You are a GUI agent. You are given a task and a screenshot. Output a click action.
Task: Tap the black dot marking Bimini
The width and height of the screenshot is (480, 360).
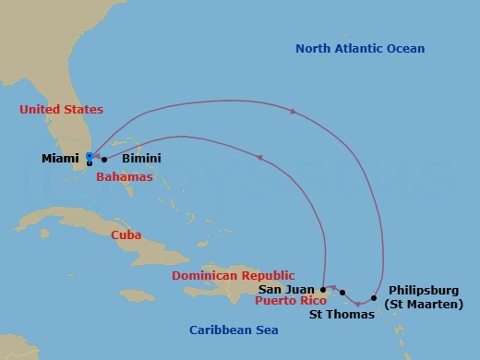[x=104, y=159]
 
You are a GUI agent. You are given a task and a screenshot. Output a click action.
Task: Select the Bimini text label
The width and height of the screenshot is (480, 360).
[x=140, y=159]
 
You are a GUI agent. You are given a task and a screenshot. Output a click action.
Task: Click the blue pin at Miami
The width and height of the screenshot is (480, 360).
[x=89, y=156]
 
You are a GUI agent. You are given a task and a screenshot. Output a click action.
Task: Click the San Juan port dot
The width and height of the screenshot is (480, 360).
[x=322, y=288]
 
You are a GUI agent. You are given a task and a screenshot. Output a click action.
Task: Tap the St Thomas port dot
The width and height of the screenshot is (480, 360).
[x=342, y=293]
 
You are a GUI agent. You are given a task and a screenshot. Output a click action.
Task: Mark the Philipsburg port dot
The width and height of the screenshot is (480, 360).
[x=374, y=297]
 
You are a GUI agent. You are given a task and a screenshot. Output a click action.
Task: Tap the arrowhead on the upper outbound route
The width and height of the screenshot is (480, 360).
[x=293, y=113]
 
